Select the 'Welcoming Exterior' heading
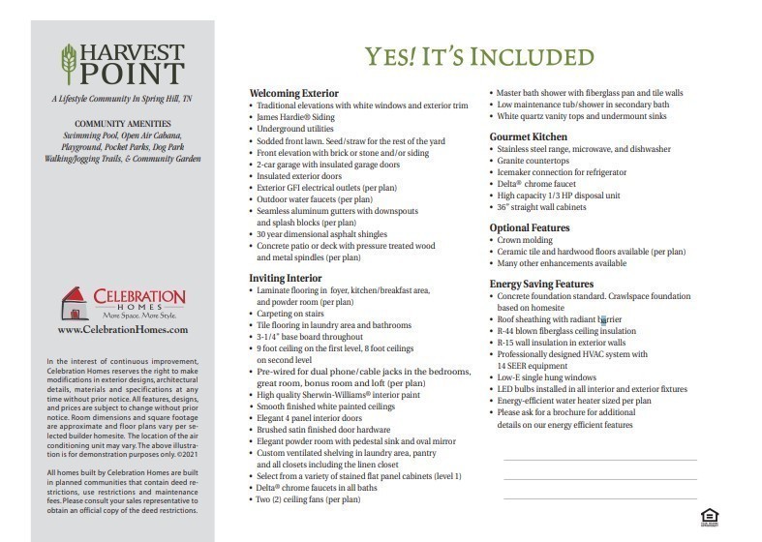(294, 93)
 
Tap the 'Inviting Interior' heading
(287, 278)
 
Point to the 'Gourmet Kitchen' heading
(529, 136)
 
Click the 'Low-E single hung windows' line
(546, 376)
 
